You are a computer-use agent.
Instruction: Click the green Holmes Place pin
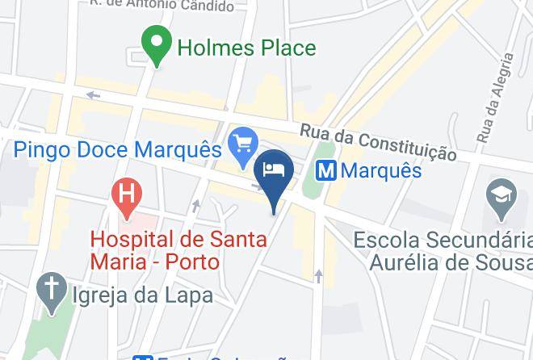tap(156, 44)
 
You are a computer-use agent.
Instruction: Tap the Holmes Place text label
tap(246, 48)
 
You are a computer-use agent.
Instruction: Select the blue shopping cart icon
tap(242, 145)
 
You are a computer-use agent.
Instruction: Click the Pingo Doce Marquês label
tap(117, 151)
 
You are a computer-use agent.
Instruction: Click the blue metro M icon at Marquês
tap(325, 171)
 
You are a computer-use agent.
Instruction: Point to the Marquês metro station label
tap(381, 171)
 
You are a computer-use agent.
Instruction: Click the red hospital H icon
tap(127, 195)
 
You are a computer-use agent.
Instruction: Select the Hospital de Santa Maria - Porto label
tap(155, 250)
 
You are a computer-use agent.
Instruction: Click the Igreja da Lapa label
tap(143, 295)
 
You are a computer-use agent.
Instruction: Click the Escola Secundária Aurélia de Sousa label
tap(443, 251)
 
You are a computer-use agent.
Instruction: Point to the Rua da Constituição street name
tap(378, 142)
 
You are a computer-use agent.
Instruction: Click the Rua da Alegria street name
tap(494, 98)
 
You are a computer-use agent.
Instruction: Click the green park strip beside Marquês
tap(318, 170)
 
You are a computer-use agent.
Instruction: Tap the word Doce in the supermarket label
tap(105, 151)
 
